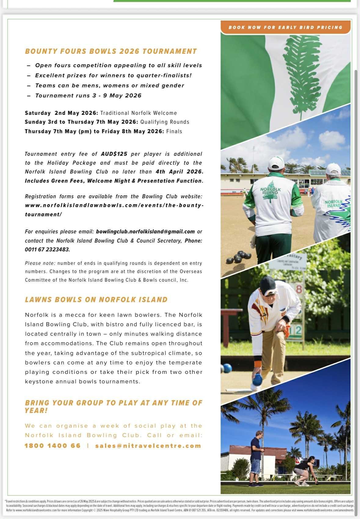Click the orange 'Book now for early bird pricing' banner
tap(285, 27)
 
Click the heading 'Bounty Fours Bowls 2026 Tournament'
tap(111, 51)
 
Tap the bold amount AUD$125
tap(114, 154)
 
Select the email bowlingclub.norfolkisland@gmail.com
tap(145, 232)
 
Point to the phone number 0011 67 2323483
tap(47, 250)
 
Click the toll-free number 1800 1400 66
tap(53, 446)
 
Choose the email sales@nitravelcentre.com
tap(148, 446)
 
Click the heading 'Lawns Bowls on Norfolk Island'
tap(96, 299)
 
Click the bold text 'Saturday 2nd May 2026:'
tap(61, 113)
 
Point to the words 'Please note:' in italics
tap(40, 263)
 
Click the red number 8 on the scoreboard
tap(299, 289)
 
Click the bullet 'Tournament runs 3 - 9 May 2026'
tap(88, 96)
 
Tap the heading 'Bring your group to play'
tap(113, 407)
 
